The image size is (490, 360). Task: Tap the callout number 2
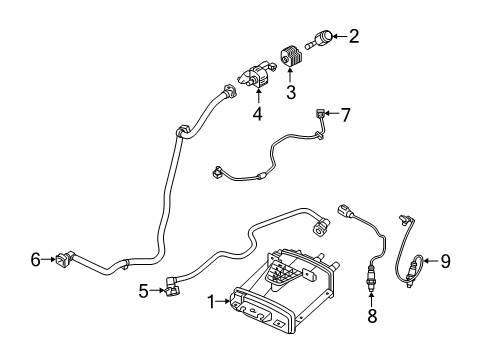[x=353, y=37]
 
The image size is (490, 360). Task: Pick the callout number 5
[x=144, y=292]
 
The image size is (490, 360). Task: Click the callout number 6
[x=36, y=260]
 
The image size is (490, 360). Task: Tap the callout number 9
[x=446, y=262]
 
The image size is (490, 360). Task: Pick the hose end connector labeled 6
[x=67, y=260]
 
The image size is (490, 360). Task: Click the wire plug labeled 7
[x=320, y=115]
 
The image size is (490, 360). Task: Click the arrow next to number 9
[x=430, y=262]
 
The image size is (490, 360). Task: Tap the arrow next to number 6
[x=50, y=260]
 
